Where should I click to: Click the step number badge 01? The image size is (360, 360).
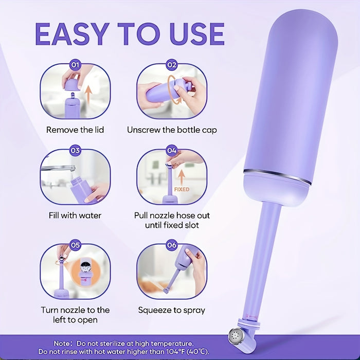[x=75, y=65]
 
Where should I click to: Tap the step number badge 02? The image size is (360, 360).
[x=172, y=65]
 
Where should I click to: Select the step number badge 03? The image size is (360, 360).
[x=75, y=151]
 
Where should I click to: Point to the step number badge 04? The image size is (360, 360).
[x=172, y=151]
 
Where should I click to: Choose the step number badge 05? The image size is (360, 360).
[x=75, y=245]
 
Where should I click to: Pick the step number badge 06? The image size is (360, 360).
[x=172, y=245]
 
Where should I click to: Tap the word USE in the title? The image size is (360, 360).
[x=197, y=34]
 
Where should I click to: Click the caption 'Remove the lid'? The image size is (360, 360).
[x=75, y=130]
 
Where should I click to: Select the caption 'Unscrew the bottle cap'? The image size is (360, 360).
[x=172, y=130]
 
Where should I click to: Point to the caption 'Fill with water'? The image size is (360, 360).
[x=75, y=215]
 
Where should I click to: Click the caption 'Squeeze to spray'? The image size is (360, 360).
[x=171, y=310]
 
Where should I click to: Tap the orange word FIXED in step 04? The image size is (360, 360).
[x=182, y=189]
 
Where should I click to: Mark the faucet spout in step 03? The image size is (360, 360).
[x=58, y=168]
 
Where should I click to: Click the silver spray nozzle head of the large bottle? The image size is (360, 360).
[x=236, y=336]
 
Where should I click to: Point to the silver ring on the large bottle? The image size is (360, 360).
[x=277, y=176]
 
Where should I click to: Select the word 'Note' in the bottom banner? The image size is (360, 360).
[x=62, y=344]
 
